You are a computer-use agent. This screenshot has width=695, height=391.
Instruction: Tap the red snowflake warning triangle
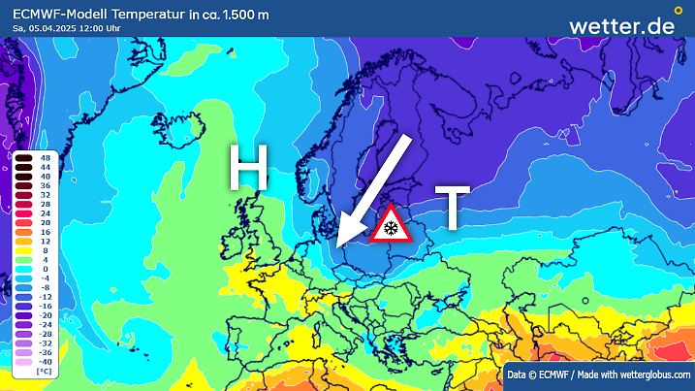click(391, 225)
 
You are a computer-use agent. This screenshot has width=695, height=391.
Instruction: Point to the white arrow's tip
click(338, 242)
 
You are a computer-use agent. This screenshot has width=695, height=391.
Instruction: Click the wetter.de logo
click(620, 26)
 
